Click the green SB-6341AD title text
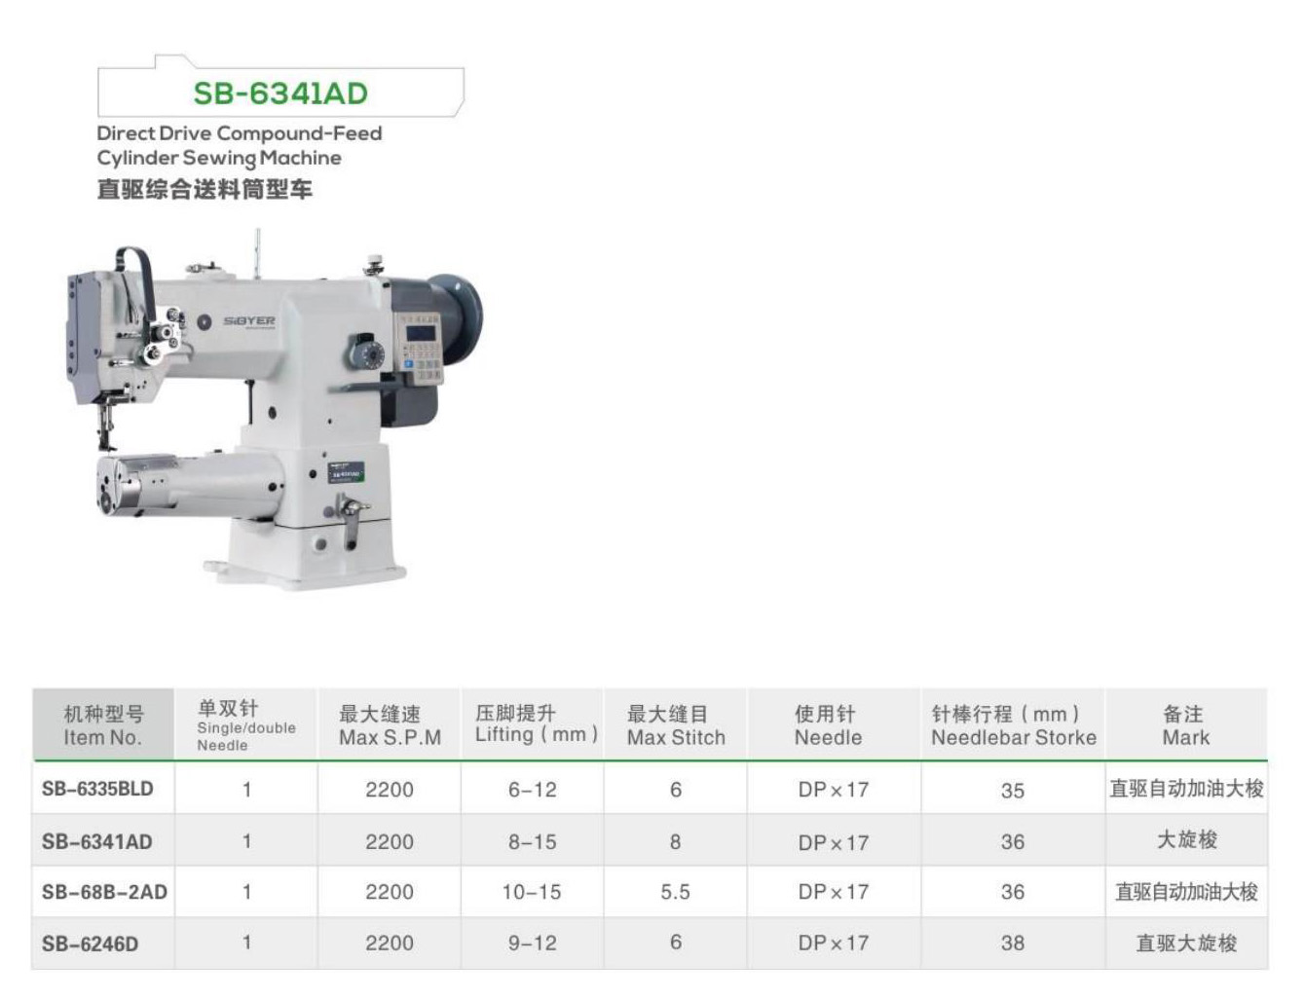280,93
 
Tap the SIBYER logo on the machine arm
249,321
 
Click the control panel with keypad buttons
423,348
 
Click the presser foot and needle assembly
107,418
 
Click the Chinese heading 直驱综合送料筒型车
205,189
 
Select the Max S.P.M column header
391,725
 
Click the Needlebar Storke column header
1014,725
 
